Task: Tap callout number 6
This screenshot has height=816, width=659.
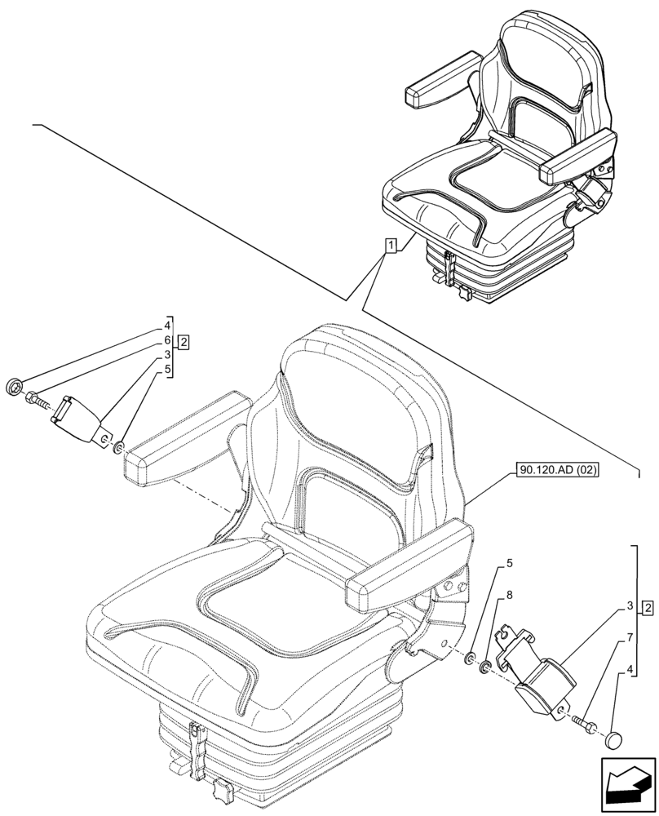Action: [167, 339]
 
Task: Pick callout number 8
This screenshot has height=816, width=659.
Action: [509, 596]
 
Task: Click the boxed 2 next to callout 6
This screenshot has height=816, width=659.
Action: [184, 342]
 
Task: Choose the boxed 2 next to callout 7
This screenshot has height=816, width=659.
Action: [646, 607]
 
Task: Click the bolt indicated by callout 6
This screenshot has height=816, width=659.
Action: [38, 401]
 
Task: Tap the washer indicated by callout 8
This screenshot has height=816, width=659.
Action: [484, 669]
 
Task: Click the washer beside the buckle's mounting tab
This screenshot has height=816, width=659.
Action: [118, 446]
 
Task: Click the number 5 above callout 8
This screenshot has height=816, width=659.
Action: [509, 563]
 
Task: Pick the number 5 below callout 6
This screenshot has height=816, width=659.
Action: [167, 369]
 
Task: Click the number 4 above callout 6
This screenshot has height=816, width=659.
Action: [167, 324]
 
